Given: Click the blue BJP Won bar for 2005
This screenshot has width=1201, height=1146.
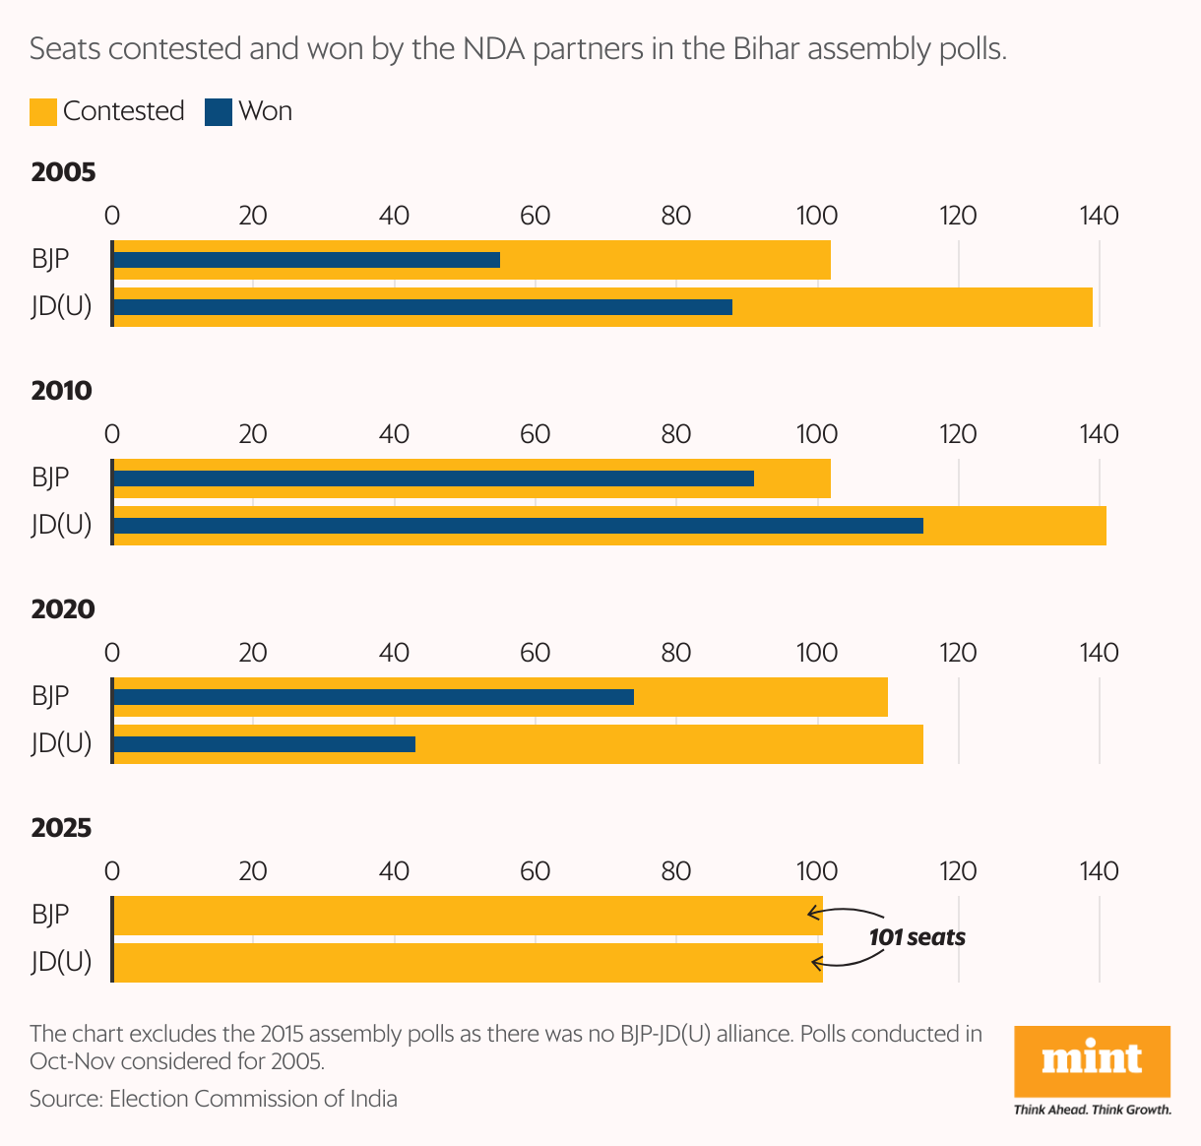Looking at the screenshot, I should (x=306, y=260).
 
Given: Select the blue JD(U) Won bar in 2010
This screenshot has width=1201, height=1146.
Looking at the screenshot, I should (x=518, y=526).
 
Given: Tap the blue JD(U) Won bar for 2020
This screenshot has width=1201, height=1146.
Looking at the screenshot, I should (x=264, y=744).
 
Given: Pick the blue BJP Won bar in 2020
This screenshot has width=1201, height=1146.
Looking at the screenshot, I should (x=373, y=697).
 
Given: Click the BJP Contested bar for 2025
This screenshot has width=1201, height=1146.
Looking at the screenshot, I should (x=468, y=916).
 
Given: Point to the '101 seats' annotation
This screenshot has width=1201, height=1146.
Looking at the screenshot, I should (x=917, y=937).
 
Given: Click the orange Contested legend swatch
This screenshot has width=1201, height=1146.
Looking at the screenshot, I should (x=43, y=111).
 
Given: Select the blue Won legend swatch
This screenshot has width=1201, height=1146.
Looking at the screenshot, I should (x=218, y=111).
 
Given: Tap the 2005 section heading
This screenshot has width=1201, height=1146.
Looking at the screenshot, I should (x=63, y=172).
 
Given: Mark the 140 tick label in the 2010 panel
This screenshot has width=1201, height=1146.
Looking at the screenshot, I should (x=1099, y=434).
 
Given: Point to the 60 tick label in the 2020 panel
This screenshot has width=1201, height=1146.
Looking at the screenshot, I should (x=535, y=653).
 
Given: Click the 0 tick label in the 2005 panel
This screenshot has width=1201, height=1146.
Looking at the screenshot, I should (x=112, y=216).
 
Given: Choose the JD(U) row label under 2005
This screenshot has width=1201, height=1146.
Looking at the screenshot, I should (x=61, y=306).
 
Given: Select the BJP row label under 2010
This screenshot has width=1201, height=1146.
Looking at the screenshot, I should (x=50, y=477).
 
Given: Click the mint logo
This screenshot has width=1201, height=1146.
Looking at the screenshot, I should (x=1092, y=1060).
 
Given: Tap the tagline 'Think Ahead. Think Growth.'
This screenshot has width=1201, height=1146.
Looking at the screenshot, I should (x=1092, y=1110).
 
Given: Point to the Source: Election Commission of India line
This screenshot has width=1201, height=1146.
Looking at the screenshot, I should (x=214, y=1099).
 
